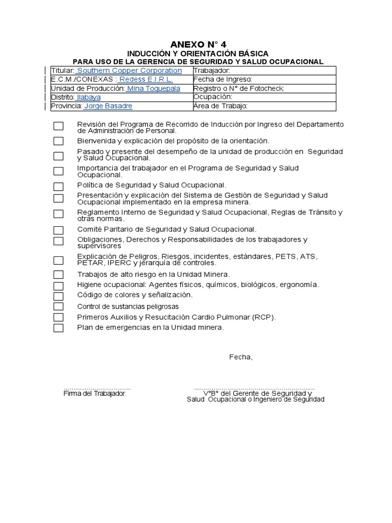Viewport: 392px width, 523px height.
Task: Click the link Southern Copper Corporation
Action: [x=129, y=70]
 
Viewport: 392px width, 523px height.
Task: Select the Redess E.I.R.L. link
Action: [x=146, y=80]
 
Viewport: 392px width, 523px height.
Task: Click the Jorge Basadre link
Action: [x=108, y=106]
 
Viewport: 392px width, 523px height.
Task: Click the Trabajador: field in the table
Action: [x=263, y=70]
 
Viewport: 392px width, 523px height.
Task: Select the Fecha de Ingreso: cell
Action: [x=263, y=80]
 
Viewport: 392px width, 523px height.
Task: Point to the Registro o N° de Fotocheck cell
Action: [x=263, y=88]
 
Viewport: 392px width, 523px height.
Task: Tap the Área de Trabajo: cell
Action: [x=263, y=106]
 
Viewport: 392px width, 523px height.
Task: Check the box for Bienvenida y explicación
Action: [x=59, y=141]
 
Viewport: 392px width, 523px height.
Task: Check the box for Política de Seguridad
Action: [x=59, y=186]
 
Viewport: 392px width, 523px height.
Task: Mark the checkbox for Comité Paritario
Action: [x=59, y=230]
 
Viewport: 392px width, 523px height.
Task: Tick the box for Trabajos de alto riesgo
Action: [x=59, y=275]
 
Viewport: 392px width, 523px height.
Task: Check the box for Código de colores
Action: [x=59, y=296]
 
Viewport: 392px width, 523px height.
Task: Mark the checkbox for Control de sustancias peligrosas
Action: [x=59, y=306]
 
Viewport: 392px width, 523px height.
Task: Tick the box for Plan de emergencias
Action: [x=59, y=328]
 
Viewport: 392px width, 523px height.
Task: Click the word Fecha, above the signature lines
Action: [x=240, y=357]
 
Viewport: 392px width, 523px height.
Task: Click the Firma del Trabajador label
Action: [x=94, y=394]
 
